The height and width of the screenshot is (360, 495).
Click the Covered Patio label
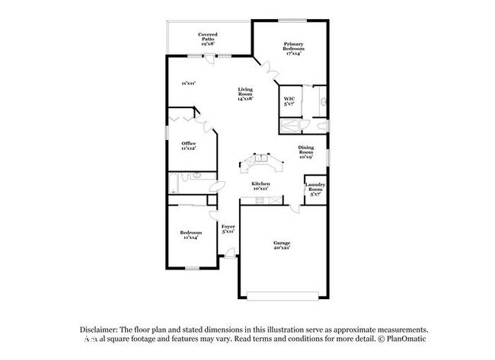207,39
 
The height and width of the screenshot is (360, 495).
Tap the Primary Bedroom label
293,49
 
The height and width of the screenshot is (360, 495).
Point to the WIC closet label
289,102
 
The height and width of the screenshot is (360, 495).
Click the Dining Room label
305,154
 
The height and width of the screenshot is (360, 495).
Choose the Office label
188,146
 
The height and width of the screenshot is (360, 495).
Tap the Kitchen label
261,186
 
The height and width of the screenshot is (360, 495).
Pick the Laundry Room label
315,188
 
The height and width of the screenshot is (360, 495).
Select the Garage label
282,246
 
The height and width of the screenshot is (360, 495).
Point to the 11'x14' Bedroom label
190,235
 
